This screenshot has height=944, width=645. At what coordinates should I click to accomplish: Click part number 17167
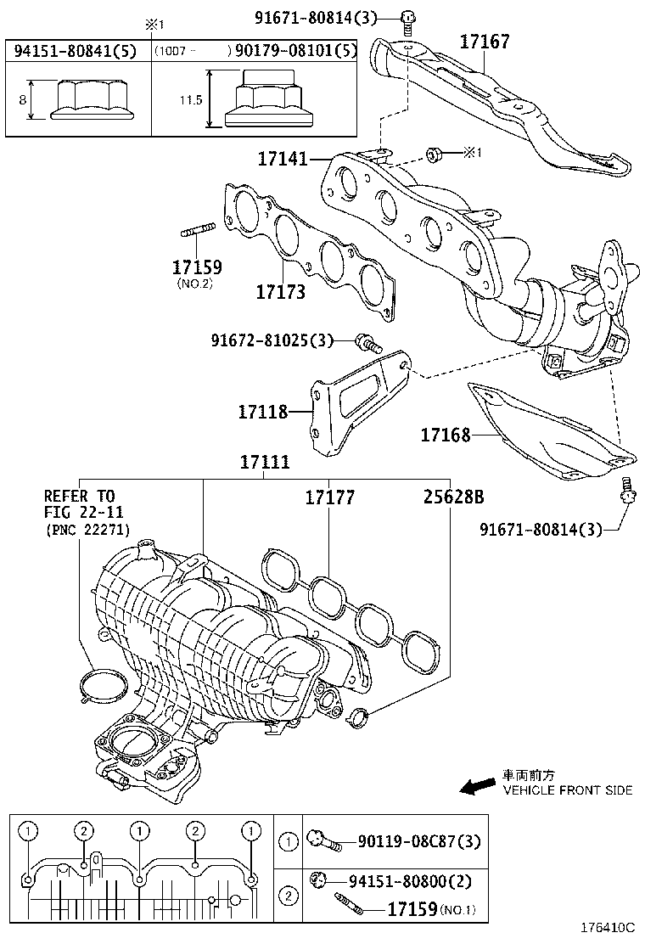[485, 41]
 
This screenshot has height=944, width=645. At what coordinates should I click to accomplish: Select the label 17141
[283, 158]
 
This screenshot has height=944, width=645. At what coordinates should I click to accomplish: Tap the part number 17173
[281, 291]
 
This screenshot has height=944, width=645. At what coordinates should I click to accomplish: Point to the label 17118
[263, 412]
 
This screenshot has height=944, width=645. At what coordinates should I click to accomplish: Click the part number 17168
[446, 435]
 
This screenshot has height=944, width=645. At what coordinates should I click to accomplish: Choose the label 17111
[264, 463]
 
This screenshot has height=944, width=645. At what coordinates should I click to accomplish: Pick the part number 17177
[330, 497]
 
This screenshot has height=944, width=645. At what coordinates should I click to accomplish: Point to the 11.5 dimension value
[191, 100]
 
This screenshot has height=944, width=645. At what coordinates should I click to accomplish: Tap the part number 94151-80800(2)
[407, 880]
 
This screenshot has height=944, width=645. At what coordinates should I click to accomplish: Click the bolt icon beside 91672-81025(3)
[367, 341]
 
